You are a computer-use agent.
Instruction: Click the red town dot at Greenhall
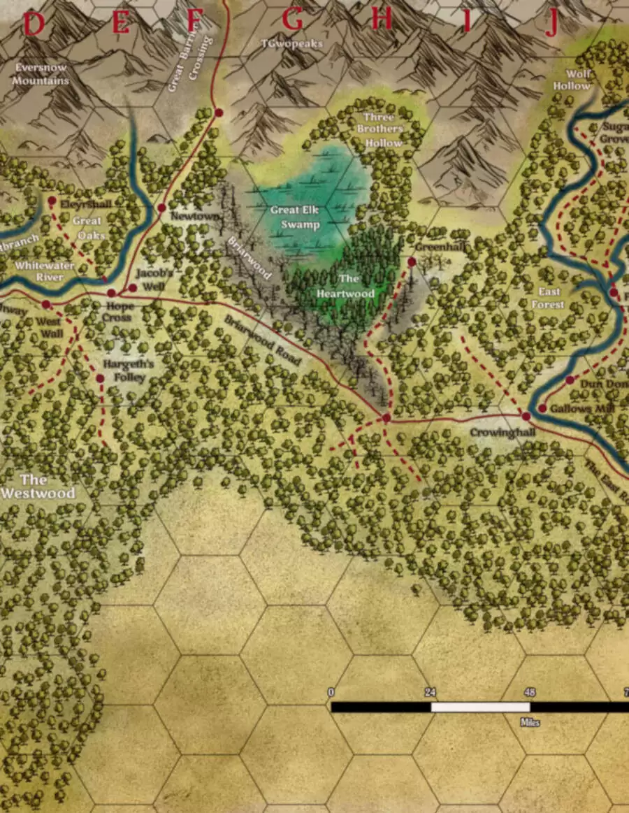[x=412, y=261]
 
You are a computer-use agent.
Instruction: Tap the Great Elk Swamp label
[x=295, y=217]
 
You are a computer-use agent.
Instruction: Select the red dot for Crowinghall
[x=526, y=416]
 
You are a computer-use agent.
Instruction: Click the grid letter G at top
[x=292, y=22]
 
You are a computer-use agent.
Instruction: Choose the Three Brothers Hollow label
[x=380, y=130]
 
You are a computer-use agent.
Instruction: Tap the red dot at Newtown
[x=161, y=208]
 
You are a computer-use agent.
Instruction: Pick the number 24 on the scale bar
[x=430, y=692]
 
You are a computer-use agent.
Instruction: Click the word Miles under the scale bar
[x=529, y=722]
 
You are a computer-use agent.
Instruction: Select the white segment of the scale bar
[x=479, y=707]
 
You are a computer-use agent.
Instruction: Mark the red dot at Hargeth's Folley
[x=100, y=378]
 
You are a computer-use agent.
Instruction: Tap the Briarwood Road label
[x=263, y=340]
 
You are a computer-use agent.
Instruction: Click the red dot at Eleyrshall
[x=52, y=201]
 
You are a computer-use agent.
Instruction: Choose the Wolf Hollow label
[x=572, y=80]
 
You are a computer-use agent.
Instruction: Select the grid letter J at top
[x=552, y=24]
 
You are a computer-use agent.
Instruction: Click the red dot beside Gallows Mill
[x=542, y=408]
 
